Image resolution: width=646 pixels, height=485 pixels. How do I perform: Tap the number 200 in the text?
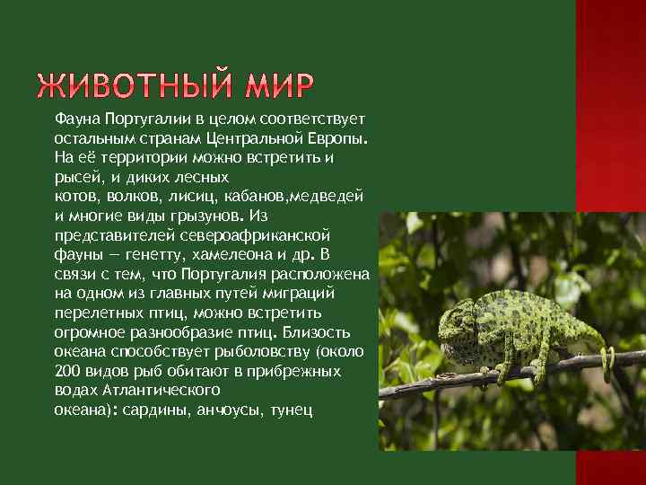click(67, 371)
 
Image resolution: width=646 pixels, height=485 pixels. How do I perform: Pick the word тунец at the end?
click(288, 410)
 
